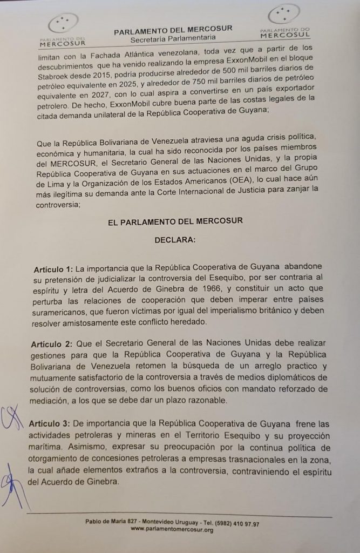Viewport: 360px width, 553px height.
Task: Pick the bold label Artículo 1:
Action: (x=53, y=268)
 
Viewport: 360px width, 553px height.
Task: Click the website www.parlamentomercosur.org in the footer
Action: (x=172, y=530)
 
